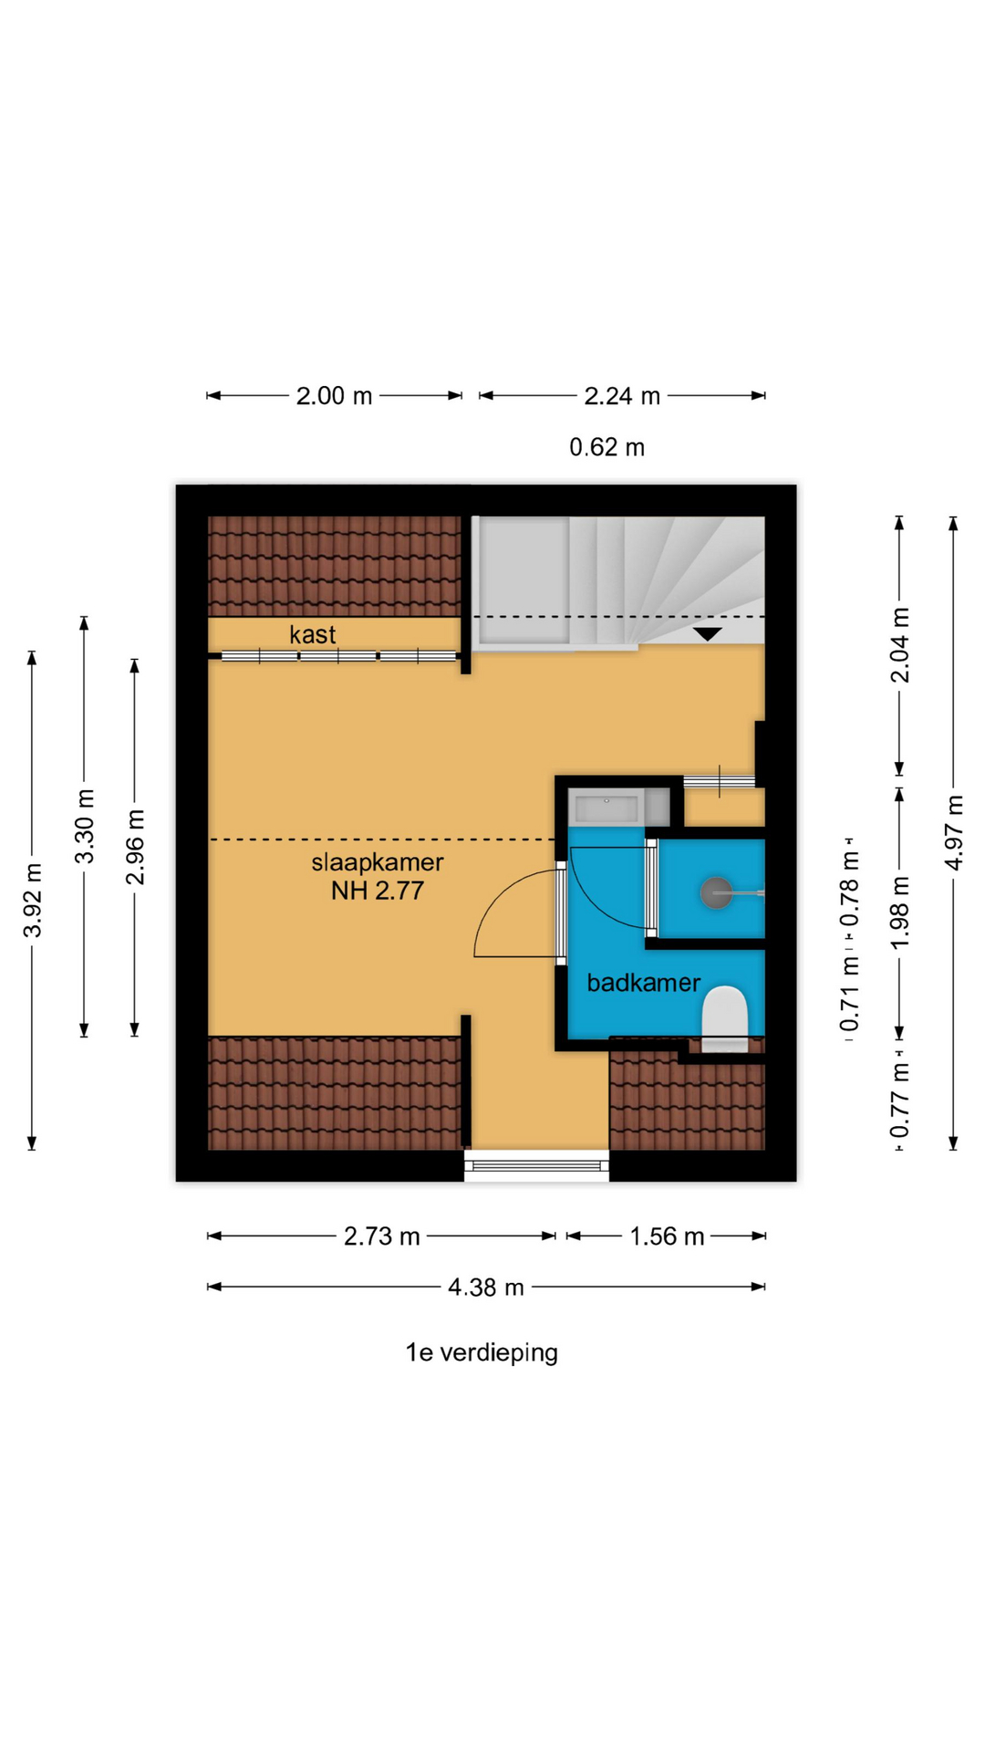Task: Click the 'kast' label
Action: (x=313, y=635)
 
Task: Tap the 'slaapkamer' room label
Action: (x=378, y=863)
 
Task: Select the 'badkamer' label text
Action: (x=644, y=983)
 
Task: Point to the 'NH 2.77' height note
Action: (x=378, y=891)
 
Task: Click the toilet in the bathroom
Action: (x=725, y=1018)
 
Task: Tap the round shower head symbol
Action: (x=716, y=892)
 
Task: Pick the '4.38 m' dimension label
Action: (x=486, y=1288)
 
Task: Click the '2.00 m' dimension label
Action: (x=334, y=396)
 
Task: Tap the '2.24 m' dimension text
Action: (x=622, y=396)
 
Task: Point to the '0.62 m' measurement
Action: (x=607, y=447)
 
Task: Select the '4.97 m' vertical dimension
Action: (x=954, y=832)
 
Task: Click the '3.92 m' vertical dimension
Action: (x=33, y=900)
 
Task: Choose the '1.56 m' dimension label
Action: (x=667, y=1236)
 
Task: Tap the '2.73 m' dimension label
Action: (x=382, y=1236)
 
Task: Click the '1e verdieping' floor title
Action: (x=482, y=1352)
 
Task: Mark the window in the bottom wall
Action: (x=536, y=1165)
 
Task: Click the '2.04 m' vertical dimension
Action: (x=900, y=645)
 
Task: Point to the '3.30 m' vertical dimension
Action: (x=85, y=826)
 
